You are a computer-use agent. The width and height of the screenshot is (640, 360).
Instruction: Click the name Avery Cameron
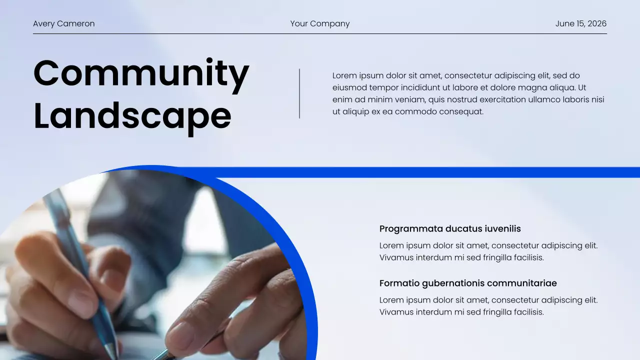(x=63, y=23)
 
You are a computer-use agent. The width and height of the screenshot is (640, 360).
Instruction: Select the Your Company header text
(x=320, y=23)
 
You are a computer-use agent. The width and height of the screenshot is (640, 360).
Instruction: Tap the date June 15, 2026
(x=580, y=23)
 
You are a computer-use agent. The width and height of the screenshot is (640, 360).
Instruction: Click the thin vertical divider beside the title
(x=299, y=93)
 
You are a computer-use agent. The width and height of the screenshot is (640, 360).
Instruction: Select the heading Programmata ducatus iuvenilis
(x=450, y=229)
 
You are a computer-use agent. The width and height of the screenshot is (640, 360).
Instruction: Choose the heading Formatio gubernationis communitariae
(x=468, y=283)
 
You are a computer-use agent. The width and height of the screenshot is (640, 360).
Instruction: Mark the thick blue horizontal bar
(x=425, y=172)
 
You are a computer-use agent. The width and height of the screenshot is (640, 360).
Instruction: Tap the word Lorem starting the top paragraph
(x=344, y=76)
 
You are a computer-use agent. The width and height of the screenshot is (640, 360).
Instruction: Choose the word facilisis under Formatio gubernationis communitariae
(x=525, y=312)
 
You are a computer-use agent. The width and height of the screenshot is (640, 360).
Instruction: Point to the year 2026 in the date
(x=597, y=23)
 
